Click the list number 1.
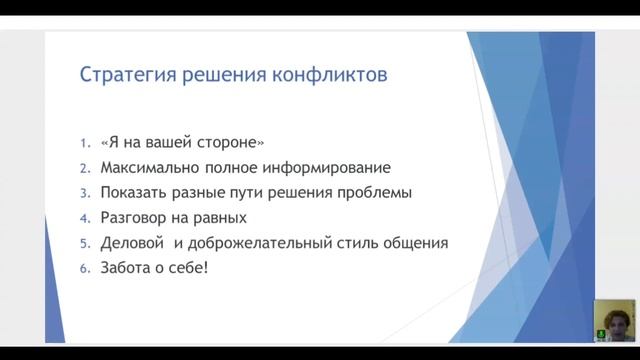[84, 142]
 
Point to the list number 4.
[84, 217]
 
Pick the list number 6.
[84, 268]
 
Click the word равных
[220, 217]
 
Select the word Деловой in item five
[132, 243]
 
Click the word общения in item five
[413, 243]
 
